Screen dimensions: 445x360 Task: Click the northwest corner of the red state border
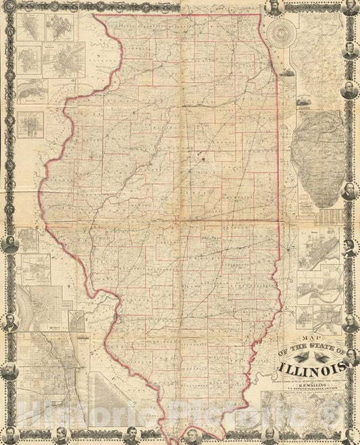click(94, 15)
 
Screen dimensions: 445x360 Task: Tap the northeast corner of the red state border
click(260, 15)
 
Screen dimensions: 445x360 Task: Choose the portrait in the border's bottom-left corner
click(9, 436)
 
